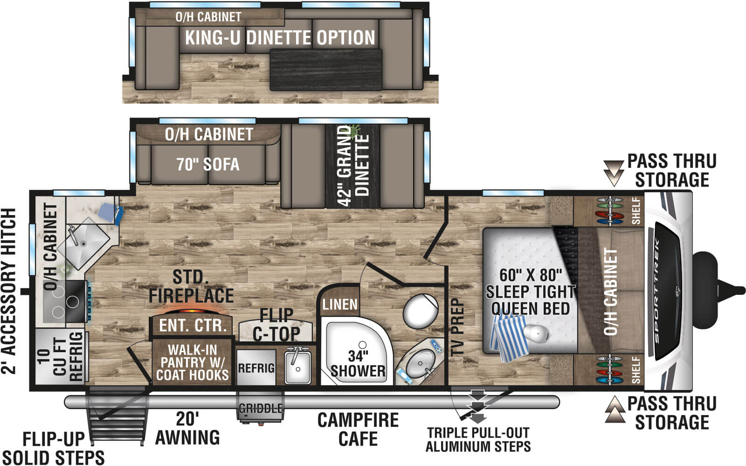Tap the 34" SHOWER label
(358, 364)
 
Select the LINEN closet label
(340, 305)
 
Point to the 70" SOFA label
(208, 164)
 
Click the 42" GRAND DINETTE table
(353, 166)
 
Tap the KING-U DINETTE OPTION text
(280, 38)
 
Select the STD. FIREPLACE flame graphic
(192, 310)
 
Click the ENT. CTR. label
(193, 326)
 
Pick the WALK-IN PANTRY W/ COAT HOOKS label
(192, 362)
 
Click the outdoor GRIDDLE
(261, 409)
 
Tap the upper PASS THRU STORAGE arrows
(613, 173)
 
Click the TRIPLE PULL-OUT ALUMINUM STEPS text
(478, 439)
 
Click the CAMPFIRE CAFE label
(358, 429)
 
